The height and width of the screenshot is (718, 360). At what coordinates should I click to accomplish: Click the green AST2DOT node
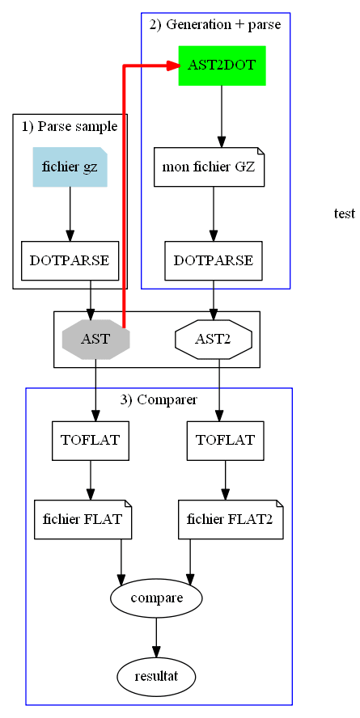222,65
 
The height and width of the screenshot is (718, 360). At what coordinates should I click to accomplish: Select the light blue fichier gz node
70,167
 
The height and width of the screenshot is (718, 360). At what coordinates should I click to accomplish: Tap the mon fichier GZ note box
209,167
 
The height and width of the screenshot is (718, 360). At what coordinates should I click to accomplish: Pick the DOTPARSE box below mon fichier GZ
213,260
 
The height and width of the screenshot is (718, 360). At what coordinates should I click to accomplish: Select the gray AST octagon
95,339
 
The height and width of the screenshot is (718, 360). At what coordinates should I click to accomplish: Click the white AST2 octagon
214,339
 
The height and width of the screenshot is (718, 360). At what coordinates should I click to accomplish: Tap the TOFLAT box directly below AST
90,441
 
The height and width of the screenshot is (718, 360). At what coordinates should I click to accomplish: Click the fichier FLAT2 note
231,519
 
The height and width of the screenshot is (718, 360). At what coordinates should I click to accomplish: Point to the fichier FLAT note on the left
83,519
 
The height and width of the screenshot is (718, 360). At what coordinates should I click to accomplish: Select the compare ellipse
156,598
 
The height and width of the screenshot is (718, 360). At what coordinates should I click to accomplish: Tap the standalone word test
344,213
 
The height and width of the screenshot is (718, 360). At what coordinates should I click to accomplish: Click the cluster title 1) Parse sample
70,126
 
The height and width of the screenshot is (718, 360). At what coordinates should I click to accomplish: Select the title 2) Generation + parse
215,24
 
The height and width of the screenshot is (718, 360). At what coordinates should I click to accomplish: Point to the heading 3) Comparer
159,399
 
